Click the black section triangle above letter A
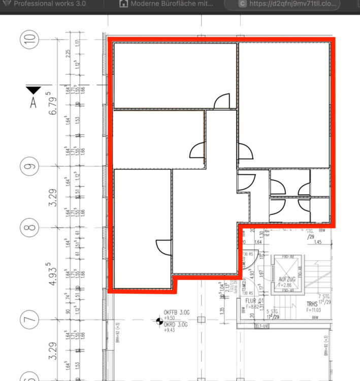point(34,90)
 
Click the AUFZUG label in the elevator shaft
point(287,279)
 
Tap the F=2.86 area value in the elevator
point(287,285)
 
